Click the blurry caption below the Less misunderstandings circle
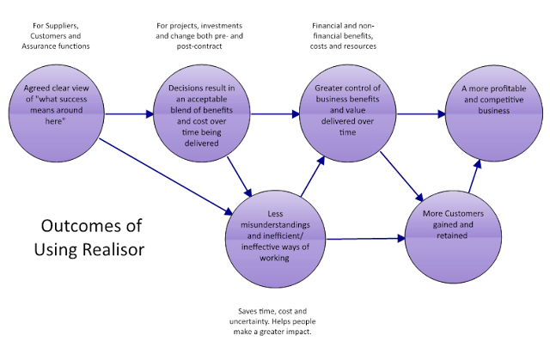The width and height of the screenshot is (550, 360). click(270, 319)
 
